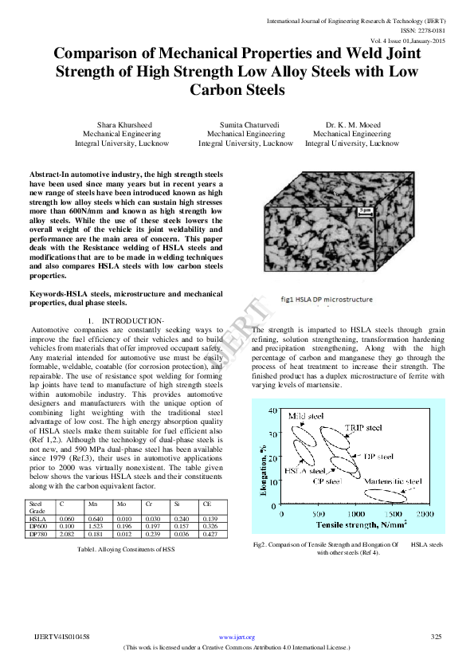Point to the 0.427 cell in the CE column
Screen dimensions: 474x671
[211, 534]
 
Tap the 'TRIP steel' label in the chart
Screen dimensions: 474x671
[363, 428]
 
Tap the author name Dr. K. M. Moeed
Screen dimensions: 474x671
[351, 125]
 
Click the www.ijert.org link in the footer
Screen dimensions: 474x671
[237, 637]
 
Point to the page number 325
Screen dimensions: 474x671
[436, 637]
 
